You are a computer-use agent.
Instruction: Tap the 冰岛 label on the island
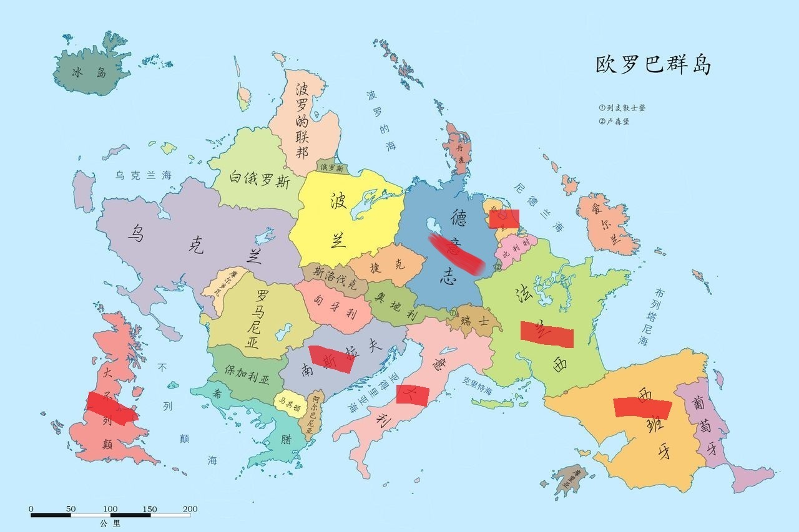coord(89,72)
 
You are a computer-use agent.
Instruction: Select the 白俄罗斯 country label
coord(259,180)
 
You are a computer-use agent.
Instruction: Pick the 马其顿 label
coord(290,403)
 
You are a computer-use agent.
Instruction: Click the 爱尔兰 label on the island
coord(605,221)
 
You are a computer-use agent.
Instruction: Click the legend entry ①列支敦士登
coord(622,108)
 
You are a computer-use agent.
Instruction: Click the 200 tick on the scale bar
coord(190,509)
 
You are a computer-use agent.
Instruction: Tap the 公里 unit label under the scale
coord(110,523)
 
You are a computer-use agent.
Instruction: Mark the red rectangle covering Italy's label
coord(413,395)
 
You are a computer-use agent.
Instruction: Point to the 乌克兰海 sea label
coord(143,176)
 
